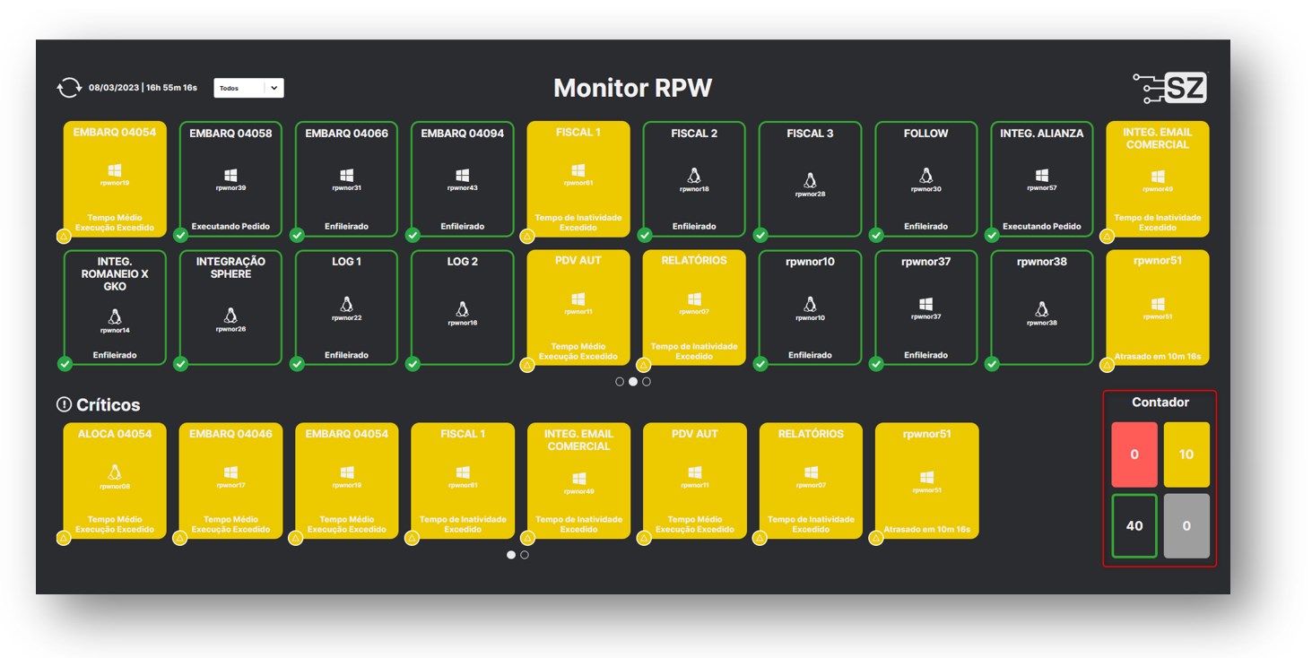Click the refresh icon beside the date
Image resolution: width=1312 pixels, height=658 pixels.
(x=68, y=88)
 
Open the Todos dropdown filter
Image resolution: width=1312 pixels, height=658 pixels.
(x=248, y=88)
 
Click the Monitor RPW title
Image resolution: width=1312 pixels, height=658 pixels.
(x=632, y=88)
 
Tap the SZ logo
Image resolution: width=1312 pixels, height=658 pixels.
(x=1170, y=88)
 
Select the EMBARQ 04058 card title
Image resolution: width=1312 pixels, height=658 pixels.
(x=230, y=134)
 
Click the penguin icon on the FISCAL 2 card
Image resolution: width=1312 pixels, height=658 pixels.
(x=694, y=176)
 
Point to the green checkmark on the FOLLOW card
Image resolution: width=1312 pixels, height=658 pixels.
(x=876, y=236)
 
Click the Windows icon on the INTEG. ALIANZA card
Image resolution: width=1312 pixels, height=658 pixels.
(x=1041, y=176)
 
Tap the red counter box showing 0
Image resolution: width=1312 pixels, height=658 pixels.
(x=1134, y=455)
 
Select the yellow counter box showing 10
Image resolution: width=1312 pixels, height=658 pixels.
(x=1186, y=455)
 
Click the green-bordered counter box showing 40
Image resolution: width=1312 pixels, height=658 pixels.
(x=1134, y=526)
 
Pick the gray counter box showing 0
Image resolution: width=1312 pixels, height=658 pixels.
(x=1186, y=526)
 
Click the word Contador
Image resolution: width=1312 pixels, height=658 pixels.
(x=1160, y=403)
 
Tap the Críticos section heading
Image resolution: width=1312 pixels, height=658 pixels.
(x=108, y=405)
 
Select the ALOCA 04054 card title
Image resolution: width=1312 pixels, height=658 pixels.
(x=115, y=434)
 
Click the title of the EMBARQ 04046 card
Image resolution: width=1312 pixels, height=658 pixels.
(x=230, y=434)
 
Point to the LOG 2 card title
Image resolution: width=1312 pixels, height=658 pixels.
(x=462, y=262)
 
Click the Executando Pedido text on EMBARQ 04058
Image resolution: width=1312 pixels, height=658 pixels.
(x=230, y=227)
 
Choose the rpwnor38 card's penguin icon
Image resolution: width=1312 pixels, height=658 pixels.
(x=1041, y=308)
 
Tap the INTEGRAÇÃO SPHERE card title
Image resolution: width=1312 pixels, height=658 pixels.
(x=230, y=267)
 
